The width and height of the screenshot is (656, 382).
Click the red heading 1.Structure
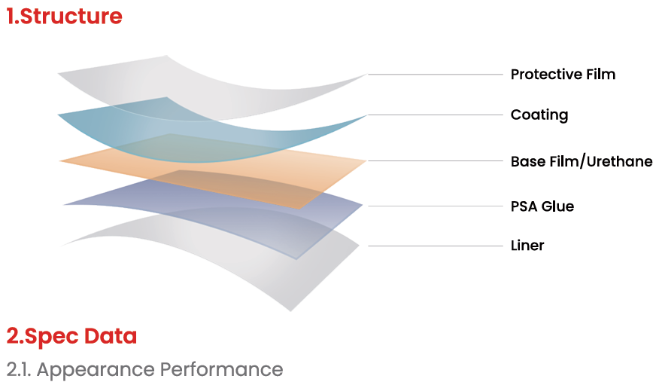(x=64, y=17)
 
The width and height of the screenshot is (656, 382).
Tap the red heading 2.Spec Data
(x=71, y=337)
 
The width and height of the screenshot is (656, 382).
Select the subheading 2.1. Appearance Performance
(x=144, y=370)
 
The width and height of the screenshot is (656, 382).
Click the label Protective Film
(x=563, y=74)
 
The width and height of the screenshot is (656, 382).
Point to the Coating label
(x=539, y=115)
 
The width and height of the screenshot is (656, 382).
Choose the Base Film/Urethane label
(x=582, y=161)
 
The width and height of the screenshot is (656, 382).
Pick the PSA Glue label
(x=542, y=206)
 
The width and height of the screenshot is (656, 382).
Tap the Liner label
(x=527, y=246)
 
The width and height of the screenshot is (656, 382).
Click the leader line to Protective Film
(x=435, y=75)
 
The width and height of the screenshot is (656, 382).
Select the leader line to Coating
(x=435, y=115)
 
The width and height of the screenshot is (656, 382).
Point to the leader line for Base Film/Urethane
(x=435, y=160)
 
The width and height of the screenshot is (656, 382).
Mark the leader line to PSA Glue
(x=435, y=206)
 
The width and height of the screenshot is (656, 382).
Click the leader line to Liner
(x=435, y=246)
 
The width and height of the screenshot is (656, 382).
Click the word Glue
(x=557, y=206)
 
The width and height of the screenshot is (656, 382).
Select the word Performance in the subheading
(x=222, y=370)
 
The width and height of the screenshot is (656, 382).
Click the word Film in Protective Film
(x=600, y=74)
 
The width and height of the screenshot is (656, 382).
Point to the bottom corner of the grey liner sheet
(x=291, y=310)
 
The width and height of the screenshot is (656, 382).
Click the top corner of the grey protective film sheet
(x=166, y=55)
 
